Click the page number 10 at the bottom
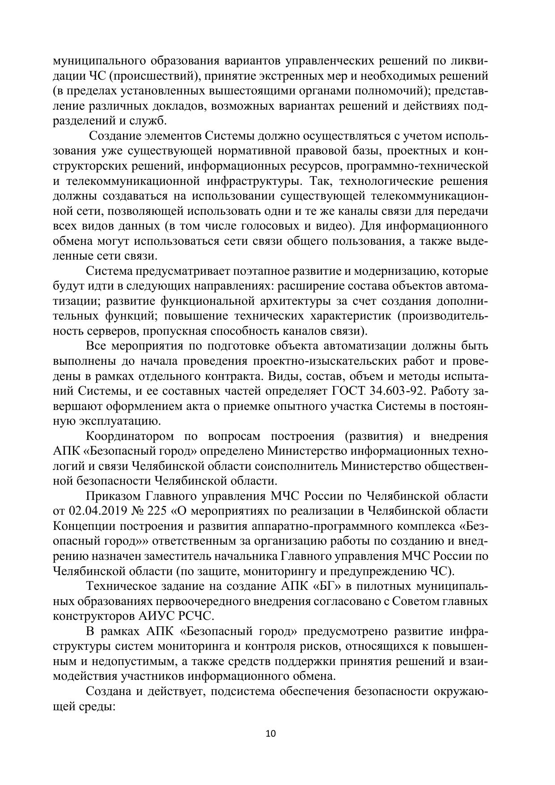(271, 734)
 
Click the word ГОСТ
(349, 391)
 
